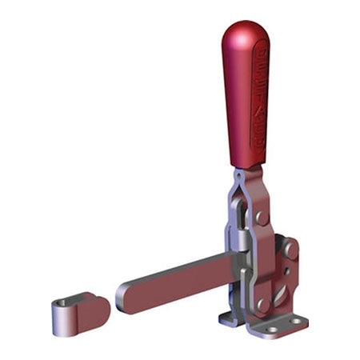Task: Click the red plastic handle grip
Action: tap(246, 96)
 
